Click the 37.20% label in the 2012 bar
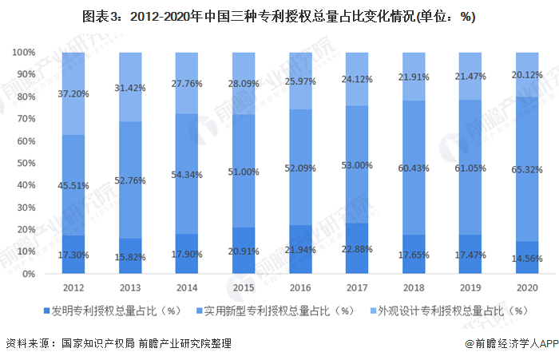[73, 94]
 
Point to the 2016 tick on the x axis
[300, 285]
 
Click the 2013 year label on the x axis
[130, 285]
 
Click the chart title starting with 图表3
[279, 18]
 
